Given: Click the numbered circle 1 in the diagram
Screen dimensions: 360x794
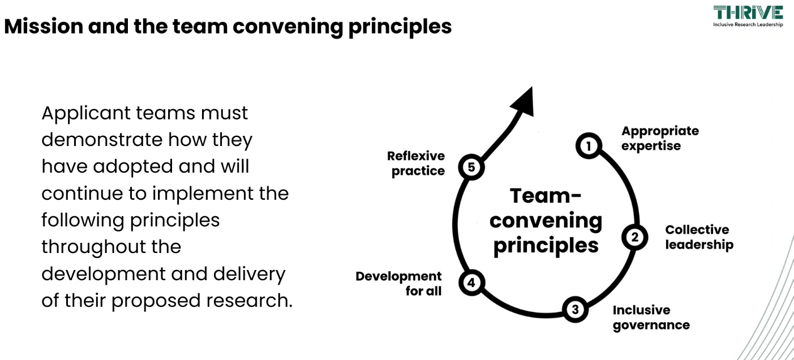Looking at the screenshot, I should [589, 146].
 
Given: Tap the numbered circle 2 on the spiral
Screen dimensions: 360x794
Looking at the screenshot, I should [634, 237].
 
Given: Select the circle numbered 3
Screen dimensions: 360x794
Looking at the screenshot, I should [575, 310].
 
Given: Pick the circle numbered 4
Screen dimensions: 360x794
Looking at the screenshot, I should [470, 283].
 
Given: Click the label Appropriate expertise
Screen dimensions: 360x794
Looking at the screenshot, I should [660, 138].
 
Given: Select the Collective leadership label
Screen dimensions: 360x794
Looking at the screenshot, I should [699, 237].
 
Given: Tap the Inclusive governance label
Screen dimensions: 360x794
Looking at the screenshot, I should [651, 318].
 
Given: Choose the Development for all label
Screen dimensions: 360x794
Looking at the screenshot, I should [399, 284].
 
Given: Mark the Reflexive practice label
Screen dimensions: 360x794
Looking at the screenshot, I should [416, 163].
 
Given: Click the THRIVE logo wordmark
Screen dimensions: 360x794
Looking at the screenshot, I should [748, 12].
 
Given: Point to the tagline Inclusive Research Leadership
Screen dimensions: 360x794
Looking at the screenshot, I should [748, 25].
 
